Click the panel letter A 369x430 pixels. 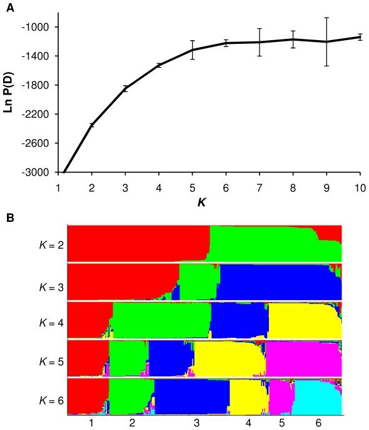point(9,8)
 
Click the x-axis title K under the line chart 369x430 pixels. point(209,203)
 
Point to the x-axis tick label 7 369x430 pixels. point(260,187)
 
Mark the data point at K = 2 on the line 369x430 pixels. point(92,125)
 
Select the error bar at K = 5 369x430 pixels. point(193,50)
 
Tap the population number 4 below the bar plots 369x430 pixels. point(248,423)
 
